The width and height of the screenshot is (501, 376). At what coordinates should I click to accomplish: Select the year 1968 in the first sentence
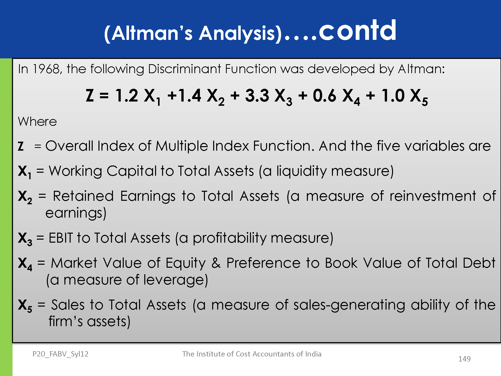pyautogui.click(x=46, y=69)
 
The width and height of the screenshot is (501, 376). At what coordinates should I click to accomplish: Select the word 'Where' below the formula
pyautogui.click(x=37, y=122)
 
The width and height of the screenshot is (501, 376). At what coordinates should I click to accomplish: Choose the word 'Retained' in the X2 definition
pyautogui.click(x=83, y=196)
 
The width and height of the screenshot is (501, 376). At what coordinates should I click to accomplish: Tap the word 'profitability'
pyautogui.click(x=229, y=238)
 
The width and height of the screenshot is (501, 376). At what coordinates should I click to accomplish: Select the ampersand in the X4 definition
pyautogui.click(x=216, y=263)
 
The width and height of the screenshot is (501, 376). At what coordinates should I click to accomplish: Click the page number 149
pyautogui.click(x=464, y=359)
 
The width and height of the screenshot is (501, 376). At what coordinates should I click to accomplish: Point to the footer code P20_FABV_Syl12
pyautogui.click(x=60, y=354)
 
